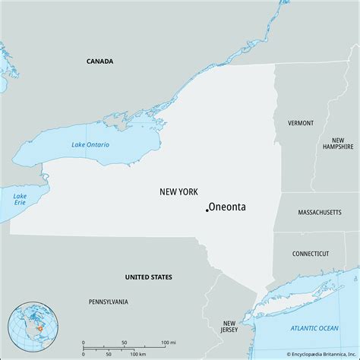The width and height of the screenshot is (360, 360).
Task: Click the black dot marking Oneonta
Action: pos(207,210)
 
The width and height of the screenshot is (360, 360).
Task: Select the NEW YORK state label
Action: pos(178,192)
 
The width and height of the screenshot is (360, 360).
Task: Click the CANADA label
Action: pos(99,61)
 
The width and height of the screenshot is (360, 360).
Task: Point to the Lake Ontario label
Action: pos(90,144)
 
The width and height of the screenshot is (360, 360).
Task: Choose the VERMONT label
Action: pos(301,122)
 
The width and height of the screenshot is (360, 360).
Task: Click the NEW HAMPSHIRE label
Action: pos(338,145)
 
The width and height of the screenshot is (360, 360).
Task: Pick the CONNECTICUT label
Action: pos(311,254)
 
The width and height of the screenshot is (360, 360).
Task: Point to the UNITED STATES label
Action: pos(149,277)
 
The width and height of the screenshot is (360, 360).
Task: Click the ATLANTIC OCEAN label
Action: pos(314,327)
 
